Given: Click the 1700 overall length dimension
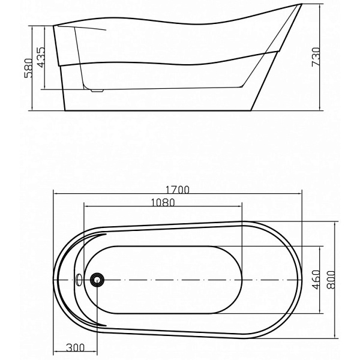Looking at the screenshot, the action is coord(178,190).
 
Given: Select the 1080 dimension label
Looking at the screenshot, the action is coord(163,203).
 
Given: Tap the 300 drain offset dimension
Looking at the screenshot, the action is coord(75,347).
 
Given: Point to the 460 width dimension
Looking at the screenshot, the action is coord(316,280).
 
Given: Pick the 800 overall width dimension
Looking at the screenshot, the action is coord(331,280).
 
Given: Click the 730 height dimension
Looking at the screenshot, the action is coord(316,57).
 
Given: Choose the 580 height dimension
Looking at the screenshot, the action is coord(29,68).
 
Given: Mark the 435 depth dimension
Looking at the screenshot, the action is coord(41,58).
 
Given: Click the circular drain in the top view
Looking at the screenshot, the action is coord(97,280).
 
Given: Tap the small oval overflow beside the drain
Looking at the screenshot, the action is coord(79,280).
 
